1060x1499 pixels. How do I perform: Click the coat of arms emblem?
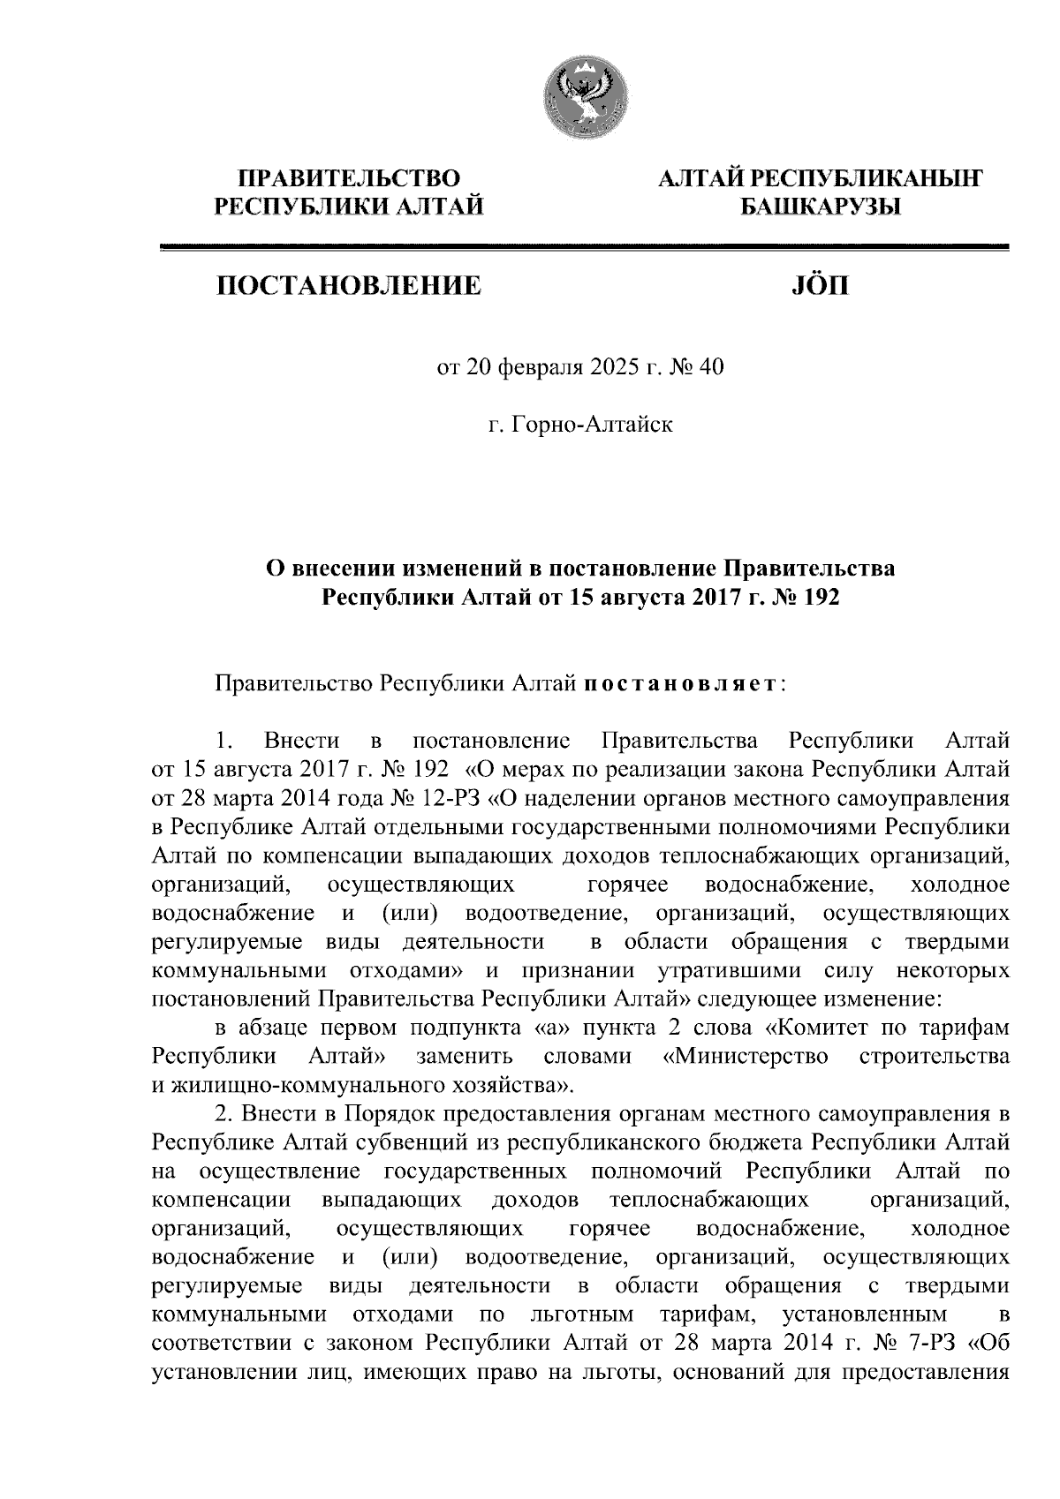583,101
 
